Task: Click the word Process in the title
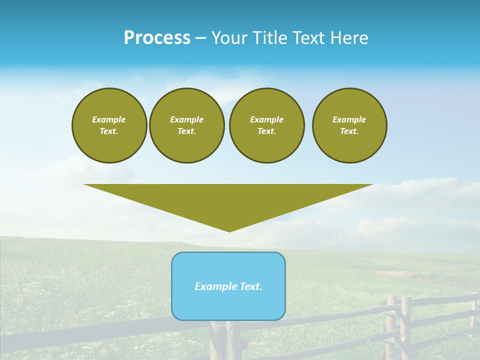click(157, 38)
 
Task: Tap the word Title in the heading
click(270, 38)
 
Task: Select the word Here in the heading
click(348, 38)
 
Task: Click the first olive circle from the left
click(109, 125)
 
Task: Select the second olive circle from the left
click(187, 125)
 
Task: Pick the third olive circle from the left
click(267, 125)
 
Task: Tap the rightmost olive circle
click(349, 125)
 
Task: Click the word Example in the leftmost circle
click(109, 119)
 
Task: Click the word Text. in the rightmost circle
click(349, 131)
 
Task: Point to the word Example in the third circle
click(267, 119)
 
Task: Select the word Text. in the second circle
click(187, 131)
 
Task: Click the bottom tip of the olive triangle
click(229, 231)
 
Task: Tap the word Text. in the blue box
click(250, 286)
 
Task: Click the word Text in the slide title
click(308, 38)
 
